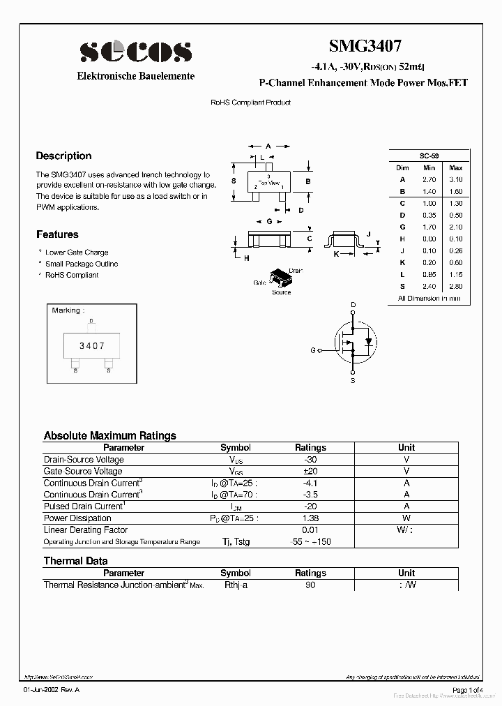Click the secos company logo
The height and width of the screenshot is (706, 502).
pos(135,52)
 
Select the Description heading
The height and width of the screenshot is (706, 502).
pos(63,156)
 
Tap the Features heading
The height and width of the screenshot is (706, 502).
pos(57,234)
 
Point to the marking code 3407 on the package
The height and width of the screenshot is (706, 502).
pos(91,345)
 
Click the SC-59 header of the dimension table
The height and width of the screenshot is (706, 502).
pos(429,156)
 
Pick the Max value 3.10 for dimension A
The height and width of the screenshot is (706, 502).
pos(455,179)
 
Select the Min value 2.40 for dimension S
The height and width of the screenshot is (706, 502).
pos(429,286)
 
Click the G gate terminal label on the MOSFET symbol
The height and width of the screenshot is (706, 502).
pos(313,350)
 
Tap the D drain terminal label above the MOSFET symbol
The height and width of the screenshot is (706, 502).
pos(353,305)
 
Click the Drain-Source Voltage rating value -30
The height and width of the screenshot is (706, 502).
pos(310,460)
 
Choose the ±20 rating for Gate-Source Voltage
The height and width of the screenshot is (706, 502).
pos(310,472)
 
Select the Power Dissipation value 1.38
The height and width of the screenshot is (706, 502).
pos(310,518)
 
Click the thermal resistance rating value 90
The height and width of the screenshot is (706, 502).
pos(310,585)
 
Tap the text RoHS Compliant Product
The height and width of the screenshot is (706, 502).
pos(250,103)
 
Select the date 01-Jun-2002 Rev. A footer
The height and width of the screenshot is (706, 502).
pos(52,690)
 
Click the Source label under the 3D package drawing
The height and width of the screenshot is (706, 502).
pos(281,292)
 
